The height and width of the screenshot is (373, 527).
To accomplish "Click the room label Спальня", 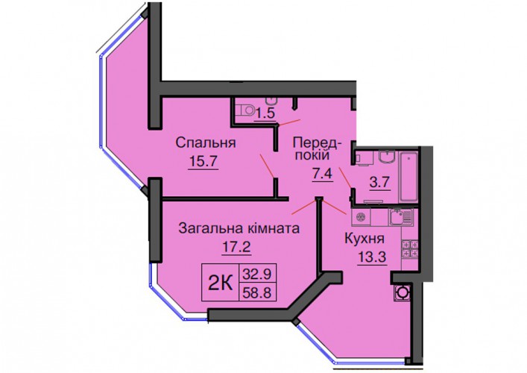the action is click(206, 143).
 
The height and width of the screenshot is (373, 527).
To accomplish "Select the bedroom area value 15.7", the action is click(203, 162).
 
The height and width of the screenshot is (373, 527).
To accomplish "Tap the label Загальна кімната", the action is click(239, 228).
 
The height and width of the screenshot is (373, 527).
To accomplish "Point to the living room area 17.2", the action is click(236, 247).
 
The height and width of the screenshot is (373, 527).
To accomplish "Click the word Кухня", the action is click(365, 239).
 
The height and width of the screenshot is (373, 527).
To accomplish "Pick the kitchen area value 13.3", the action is click(372, 258).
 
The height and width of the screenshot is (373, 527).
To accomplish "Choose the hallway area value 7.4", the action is click(323, 175).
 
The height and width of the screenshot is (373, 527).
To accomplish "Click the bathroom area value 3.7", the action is click(380, 183).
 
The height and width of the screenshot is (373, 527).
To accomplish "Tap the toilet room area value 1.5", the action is click(265, 113).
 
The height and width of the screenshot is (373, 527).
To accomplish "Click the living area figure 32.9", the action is click(257, 275).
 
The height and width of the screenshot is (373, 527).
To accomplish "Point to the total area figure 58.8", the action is click(257, 292).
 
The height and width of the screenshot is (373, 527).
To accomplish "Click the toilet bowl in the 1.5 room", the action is click(244, 110).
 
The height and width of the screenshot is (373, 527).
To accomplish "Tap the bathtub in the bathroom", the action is click(408, 178).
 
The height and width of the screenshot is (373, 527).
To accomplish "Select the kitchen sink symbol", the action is click(400, 217).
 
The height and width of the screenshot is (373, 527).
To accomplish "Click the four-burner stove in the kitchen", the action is click(410, 248).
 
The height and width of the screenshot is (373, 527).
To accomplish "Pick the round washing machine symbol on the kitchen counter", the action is click(361, 217).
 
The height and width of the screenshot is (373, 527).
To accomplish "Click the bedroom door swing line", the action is click(267, 166).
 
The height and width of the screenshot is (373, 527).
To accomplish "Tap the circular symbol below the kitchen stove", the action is click(401, 292).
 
